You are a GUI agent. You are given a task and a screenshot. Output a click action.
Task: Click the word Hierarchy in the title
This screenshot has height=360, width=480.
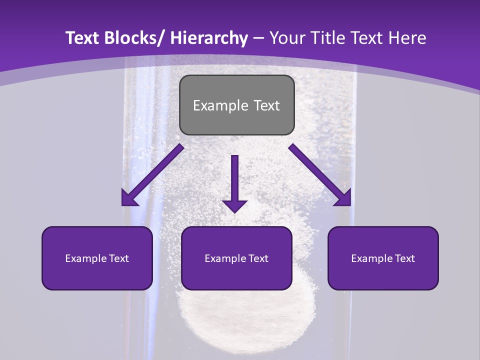209,38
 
